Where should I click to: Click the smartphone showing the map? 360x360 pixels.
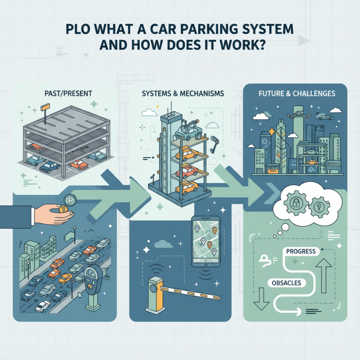pyautogui.click(x=205, y=242)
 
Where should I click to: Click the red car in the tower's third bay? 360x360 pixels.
pyautogui.click(x=186, y=171)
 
